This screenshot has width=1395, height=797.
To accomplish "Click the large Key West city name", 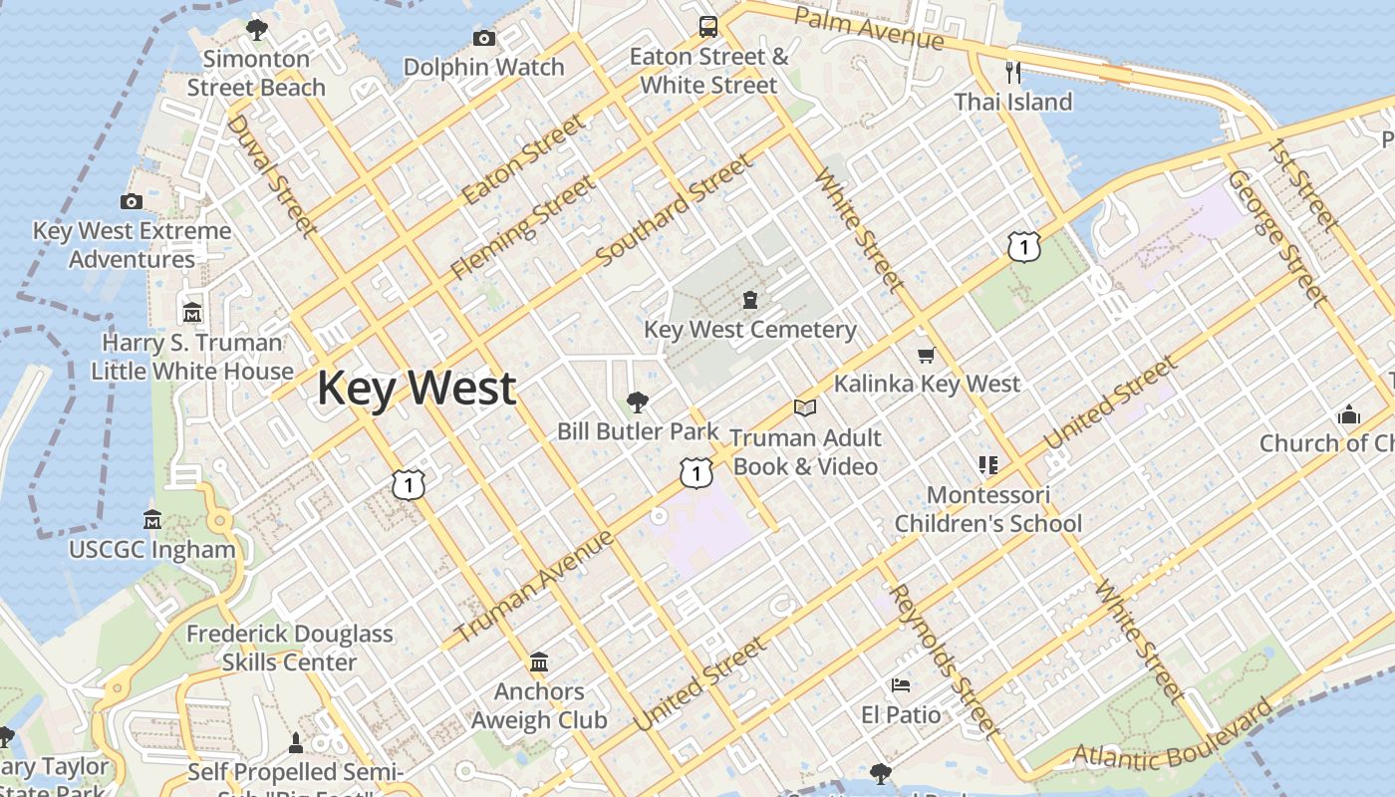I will coord(417,388).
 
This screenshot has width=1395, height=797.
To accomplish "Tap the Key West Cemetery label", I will coord(749,330).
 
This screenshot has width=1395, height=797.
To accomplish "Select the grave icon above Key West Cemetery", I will coord(750,299).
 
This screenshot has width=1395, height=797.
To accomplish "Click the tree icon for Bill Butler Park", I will coord(638,402).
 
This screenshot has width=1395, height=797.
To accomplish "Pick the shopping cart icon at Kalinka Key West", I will coord(927,355).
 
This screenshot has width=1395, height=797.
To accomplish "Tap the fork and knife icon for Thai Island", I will coord(1013,72).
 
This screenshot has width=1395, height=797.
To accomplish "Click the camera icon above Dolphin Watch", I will coord(484,39).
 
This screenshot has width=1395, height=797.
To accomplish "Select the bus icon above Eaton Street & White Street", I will coord(708,26).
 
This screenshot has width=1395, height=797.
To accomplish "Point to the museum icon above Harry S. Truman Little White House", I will coord(192,313).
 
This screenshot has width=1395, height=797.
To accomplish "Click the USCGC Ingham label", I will coord(152,549).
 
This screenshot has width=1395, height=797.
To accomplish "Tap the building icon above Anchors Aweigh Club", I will coord(539,662).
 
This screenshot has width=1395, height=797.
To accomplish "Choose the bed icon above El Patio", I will coord(901,685).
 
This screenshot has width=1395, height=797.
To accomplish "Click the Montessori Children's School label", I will coord(987,509).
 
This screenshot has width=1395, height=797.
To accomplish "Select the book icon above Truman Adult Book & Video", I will coord(805,407).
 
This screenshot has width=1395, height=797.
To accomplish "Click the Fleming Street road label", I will coord(522,227).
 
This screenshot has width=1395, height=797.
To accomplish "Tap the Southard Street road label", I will coord(675,210).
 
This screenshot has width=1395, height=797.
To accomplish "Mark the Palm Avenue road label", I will coord(868,28).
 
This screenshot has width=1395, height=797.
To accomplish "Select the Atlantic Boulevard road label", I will coord(1174,737).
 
